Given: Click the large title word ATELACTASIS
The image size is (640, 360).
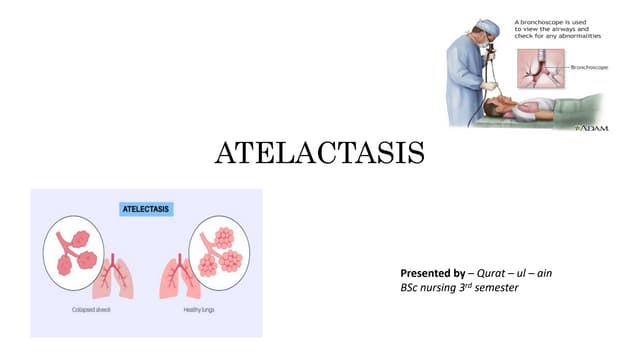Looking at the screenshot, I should click(320, 154).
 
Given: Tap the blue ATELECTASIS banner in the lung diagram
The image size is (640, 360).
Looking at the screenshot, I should click(146, 210).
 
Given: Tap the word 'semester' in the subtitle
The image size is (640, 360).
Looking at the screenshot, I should click(497, 289).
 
